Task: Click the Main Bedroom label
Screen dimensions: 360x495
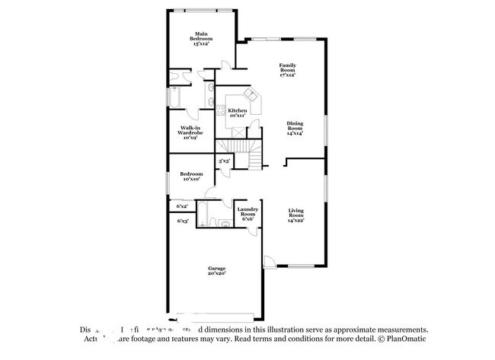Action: (202, 39)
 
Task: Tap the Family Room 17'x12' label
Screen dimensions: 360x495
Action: (287, 71)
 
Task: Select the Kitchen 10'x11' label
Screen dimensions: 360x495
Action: (237, 113)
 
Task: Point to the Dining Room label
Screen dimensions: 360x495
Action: (295, 128)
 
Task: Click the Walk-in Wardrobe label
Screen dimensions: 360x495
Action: (190, 132)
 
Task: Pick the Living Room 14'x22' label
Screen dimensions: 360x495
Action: (296, 215)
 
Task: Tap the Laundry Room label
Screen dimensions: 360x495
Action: (247, 213)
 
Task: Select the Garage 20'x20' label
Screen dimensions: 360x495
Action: (217, 271)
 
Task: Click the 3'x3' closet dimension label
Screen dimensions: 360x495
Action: (225, 161)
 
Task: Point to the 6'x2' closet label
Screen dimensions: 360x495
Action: (183, 206)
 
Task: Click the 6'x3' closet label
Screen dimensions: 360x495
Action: (183, 221)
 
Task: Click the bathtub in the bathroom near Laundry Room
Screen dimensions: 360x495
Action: (205, 214)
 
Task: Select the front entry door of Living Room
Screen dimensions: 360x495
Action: (270, 263)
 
